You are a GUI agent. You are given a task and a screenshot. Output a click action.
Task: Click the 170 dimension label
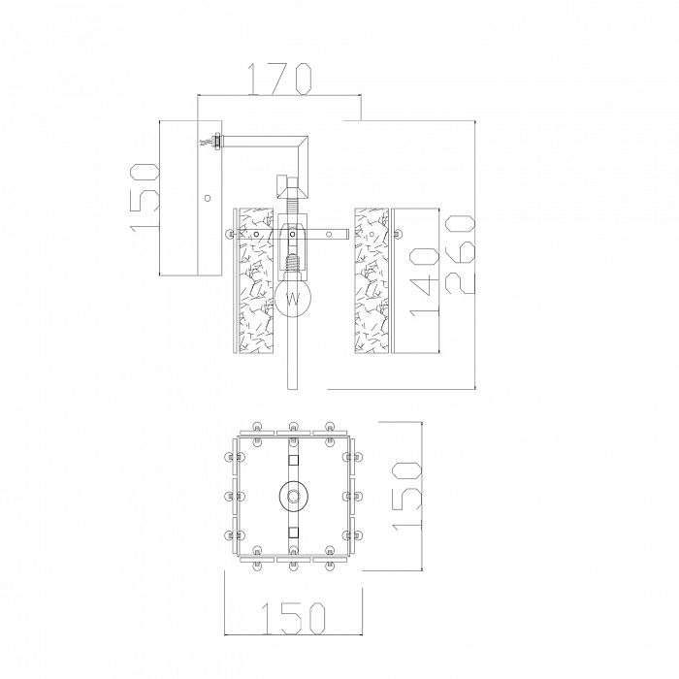(279, 79)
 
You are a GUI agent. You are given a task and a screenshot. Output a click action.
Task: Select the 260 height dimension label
(459, 254)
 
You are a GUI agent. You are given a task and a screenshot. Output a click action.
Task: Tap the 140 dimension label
(424, 282)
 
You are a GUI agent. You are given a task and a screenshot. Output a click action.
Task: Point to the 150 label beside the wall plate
(144, 198)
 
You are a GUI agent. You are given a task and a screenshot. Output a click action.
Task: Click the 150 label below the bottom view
(293, 618)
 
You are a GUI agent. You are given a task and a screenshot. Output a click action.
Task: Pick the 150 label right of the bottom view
(406, 496)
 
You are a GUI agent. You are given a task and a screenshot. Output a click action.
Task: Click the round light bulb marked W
(293, 297)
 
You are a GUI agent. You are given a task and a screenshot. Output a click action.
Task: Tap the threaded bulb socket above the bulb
(293, 262)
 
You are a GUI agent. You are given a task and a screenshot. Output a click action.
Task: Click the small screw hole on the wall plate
(208, 198)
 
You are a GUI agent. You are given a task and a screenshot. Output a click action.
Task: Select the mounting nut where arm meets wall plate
(215, 142)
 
